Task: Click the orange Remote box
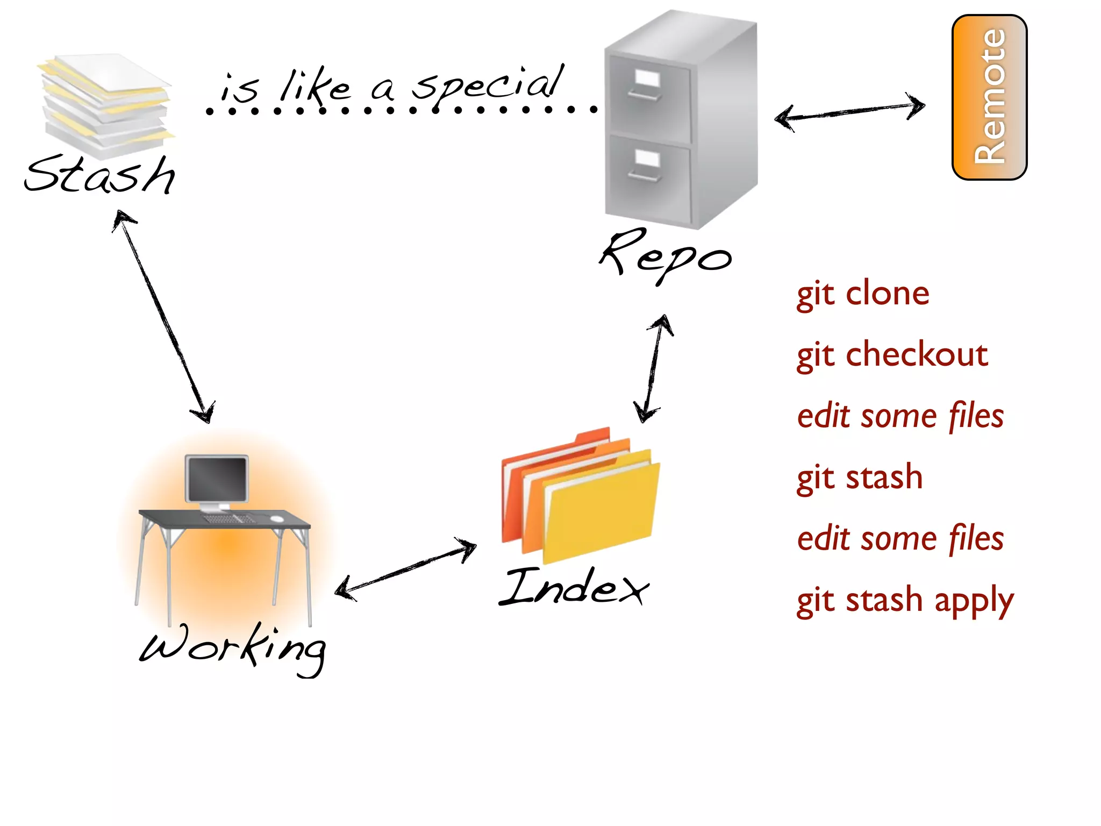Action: pos(989,97)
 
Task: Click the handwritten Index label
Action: pos(573,587)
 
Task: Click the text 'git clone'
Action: pos(862,294)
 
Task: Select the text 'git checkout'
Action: pos(892,355)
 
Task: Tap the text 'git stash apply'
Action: pos(905,600)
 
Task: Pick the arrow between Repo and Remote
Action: pos(849,111)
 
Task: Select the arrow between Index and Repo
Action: pos(653,369)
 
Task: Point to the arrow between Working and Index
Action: pos(405,570)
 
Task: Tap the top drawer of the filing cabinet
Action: pos(648,99)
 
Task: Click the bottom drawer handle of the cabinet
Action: pos(644,176)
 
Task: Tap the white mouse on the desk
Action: pos(276,518)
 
